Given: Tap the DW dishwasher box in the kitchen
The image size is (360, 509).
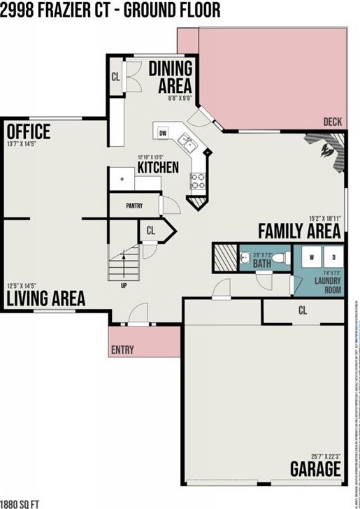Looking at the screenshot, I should (163, 132).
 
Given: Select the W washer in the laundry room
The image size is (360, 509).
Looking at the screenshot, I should (311, 257).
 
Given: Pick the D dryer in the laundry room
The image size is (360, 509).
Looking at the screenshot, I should (333, 257).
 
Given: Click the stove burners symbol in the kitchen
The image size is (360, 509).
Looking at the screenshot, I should (198, 181).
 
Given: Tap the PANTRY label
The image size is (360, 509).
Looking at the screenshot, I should (134, 206).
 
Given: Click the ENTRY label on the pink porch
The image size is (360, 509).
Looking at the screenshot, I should (122, 350).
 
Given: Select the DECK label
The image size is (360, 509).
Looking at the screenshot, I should (333, 122).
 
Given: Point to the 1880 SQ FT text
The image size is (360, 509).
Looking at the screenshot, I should (20, 503).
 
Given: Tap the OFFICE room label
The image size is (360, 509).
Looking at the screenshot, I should (28, 131).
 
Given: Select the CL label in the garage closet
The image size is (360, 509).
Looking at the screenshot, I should (303, 309).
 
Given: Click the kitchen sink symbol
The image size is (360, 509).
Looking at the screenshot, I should (187, 142).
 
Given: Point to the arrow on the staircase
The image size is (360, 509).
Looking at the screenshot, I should (124, 263).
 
